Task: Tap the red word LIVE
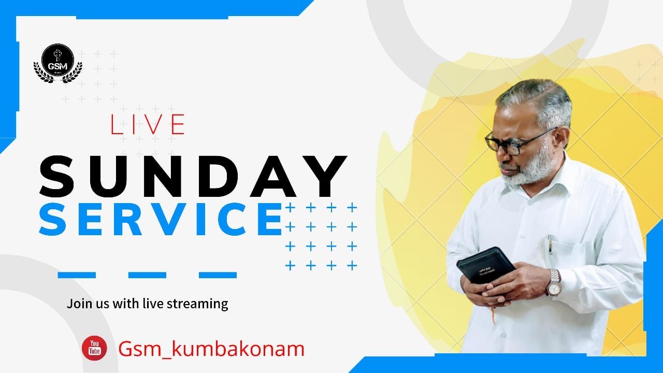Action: (147, 124)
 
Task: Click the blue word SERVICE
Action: (161, 219)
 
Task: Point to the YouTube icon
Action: (94, 348)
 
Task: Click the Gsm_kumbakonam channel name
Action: (211, 349)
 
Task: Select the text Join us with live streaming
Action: (147, 303)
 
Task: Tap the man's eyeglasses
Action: (513, 140)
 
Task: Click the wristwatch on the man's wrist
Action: (554, 282)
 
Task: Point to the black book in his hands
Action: (485, 264)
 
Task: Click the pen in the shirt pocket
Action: (550, 243)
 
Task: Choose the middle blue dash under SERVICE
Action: (147, 275)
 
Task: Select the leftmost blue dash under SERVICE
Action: (77, 275)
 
